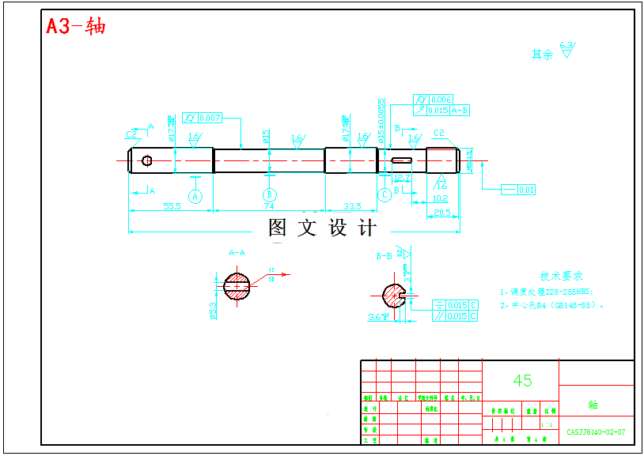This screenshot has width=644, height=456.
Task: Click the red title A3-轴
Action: [76, 26]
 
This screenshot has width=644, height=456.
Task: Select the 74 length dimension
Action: [269, 206]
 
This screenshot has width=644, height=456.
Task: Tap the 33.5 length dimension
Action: [352, 206]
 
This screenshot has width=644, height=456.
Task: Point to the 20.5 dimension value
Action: [442, 212]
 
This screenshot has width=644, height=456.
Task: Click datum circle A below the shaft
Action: [195, 194]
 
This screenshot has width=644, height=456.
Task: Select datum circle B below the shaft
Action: [270, 194]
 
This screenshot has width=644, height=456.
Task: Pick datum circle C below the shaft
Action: [385, 194]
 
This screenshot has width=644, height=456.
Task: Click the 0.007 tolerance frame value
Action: [210, 118]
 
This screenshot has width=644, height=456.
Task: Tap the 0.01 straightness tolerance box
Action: [526, 190]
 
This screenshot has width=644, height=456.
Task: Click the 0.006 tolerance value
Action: [441, 100]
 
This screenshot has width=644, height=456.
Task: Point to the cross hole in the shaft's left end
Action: [147, 160]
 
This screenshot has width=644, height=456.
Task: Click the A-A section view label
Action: [237, 253]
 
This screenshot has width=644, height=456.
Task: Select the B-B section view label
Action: [384, 256]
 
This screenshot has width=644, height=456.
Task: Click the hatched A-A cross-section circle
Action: [237, 285]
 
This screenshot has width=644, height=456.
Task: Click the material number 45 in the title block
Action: [522, 380]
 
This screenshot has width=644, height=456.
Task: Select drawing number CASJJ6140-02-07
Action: [596, 432]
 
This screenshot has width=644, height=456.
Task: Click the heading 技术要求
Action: [561, 276]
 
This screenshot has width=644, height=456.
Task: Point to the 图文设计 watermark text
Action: [322, 228]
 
